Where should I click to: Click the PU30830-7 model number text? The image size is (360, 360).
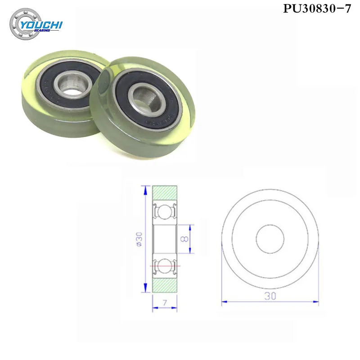pyautogui.click(x=316, y=9)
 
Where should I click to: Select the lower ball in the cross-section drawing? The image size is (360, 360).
pyautogui.click(x=165, y=266)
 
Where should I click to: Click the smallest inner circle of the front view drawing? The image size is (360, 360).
pyautogui.click(x=270, y=238)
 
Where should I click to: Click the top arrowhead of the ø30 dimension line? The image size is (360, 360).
pyautogui.click(x=145, y=188)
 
